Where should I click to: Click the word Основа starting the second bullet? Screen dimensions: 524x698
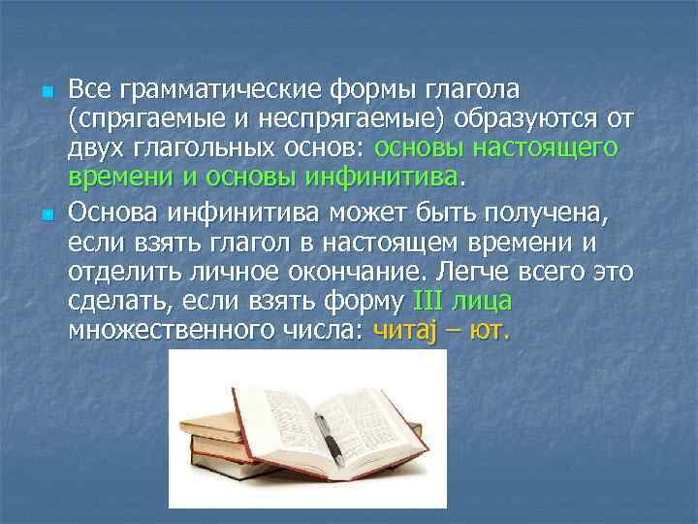click(110, 212)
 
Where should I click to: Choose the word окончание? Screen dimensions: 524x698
click(364, 269)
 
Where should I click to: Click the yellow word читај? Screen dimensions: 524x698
click(404, 329)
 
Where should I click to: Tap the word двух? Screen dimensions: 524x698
click(92, 149)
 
